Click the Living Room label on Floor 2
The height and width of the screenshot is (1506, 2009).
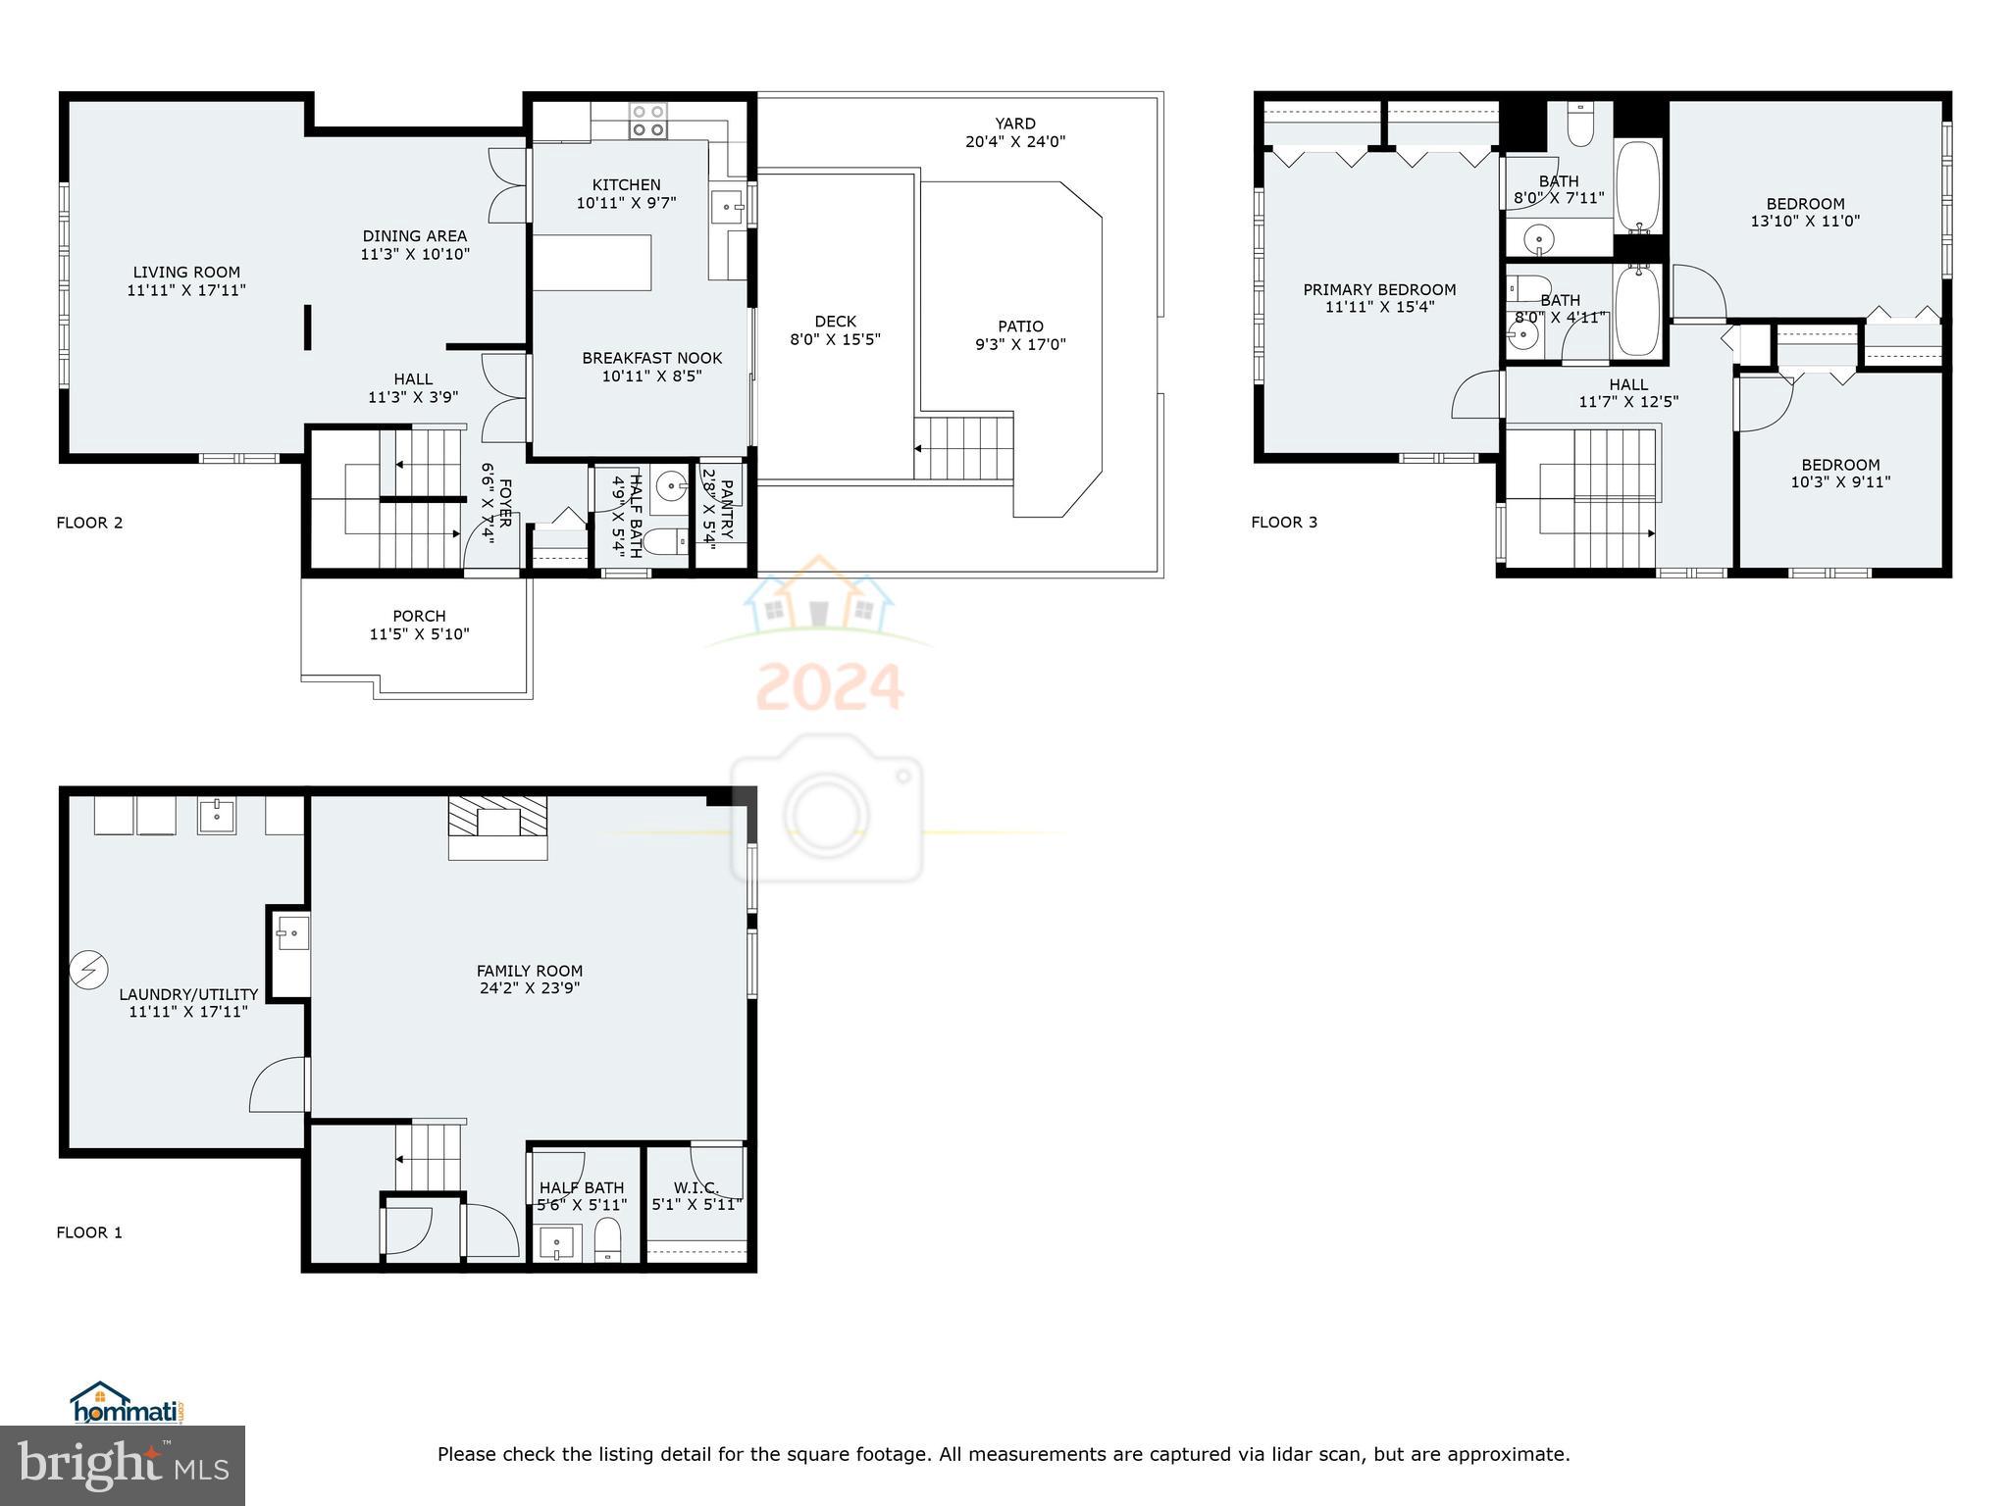[x=186, y=273]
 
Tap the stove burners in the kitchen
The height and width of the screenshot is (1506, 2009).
[x=647, y=120]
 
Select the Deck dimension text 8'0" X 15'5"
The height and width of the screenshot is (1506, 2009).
[x=835, y=339]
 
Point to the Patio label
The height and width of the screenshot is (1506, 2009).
[x=1020, y=326]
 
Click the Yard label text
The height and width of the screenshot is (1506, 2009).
[x=1014, y=124]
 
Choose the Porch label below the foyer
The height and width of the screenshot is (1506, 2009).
[x=419, y=617]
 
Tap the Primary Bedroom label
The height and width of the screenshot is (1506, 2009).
[x=1379, y=290]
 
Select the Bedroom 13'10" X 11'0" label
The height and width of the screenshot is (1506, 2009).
[x=1805, y=205]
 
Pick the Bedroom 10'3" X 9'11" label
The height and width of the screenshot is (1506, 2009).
[x=1840, y=466]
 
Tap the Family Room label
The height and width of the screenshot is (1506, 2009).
[x=530, y=972]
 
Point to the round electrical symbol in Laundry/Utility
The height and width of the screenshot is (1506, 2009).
[x=88, y=970]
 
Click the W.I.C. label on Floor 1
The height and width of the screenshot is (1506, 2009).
[x=696, y=1188]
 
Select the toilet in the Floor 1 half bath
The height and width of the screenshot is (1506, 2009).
[x=608, y=1241]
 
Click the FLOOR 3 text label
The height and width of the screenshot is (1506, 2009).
[x=1284, y=523]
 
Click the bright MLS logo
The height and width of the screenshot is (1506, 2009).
[x=123, y=1465]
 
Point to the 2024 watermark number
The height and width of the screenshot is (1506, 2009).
[x=830, y=687]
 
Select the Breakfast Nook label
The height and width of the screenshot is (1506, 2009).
[x=651, y=359]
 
